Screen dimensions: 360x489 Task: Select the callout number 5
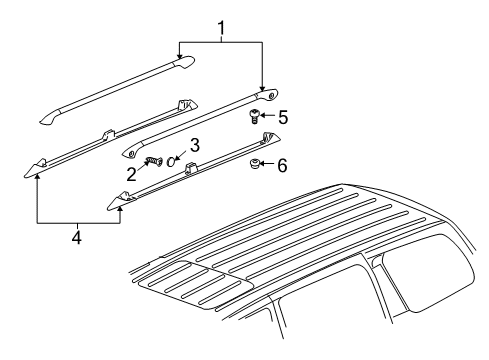284,117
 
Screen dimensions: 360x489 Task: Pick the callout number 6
283,164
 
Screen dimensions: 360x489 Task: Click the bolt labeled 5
255,118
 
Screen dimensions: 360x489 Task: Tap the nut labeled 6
256,163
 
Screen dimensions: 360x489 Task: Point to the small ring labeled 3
173,161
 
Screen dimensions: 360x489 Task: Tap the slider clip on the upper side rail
107,133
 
